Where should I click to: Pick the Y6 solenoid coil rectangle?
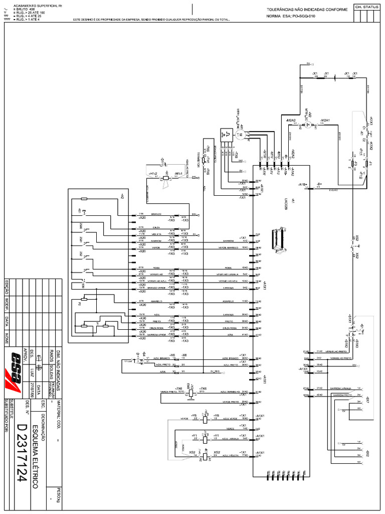coord(205,419)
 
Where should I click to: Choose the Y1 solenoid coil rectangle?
coord(205,436)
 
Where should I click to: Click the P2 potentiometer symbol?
coord(84,298)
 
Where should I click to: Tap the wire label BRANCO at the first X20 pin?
coord(156,214)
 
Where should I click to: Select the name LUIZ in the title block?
coord(32,372)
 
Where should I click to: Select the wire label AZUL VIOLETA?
coord(232,455)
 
